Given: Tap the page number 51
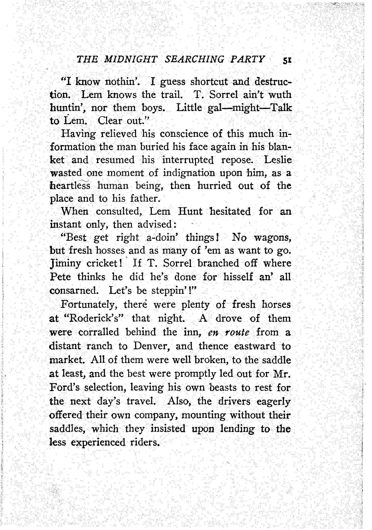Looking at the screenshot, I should [x=287, y=61].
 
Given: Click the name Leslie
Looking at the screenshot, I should [x=278, y=160].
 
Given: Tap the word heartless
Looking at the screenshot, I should [x=70, y=186].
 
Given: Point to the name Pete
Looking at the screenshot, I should [x=60, y=276].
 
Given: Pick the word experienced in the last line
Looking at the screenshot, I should [x=98, y=442].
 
